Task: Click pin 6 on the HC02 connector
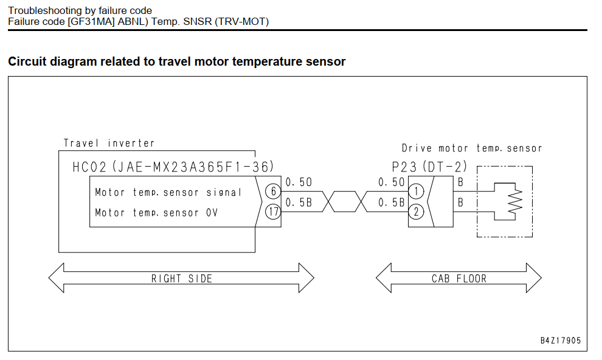(x=273, y=191)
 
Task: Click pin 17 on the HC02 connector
(x=273, y=212)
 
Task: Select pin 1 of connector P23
(x=416, y=191)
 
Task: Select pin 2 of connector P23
(x=416, y=212)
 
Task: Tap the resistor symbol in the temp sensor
(x=515, y=201)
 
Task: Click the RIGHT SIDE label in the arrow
(x=182, y=279)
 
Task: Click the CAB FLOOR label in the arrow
(x=459, y=279)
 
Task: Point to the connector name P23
(x=404, y=167)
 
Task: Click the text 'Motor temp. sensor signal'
(x=168, y=192)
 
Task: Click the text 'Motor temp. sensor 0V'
(x=156, y=213)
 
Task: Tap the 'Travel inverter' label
(x=109, y=143)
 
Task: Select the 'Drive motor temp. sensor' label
(x=472, y=148)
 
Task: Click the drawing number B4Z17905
(x=561, y=341)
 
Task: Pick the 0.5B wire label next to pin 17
(x=299, y=202)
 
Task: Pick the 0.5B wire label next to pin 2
(x=392, y=202)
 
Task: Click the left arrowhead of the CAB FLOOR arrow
(x=384, y=278)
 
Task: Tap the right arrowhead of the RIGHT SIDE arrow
(x=306, y=278)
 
